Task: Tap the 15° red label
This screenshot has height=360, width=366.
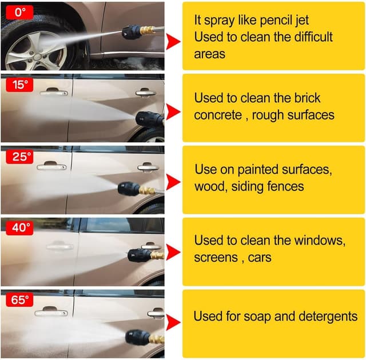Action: (20, 85)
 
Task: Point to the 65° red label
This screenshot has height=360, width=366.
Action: (20, 300)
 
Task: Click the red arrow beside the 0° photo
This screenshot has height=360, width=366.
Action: (173, 41)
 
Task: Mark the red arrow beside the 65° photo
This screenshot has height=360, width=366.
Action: (173, 323)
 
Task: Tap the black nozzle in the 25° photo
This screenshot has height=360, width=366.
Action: (129, 189)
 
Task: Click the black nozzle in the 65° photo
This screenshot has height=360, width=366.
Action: (138, 337)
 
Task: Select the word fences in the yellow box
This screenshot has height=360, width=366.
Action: (285, 186)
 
